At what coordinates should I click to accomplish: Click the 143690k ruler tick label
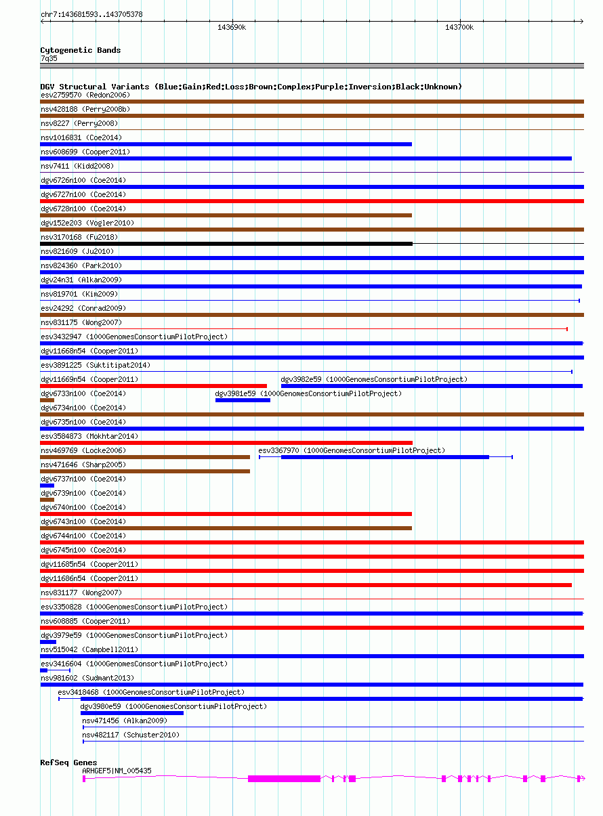tap(231, 28)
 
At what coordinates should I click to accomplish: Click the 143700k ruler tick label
tap(459, 28)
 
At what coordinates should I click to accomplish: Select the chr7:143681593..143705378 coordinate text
tap(91, 14)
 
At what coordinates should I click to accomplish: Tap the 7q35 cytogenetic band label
tap(49, 58)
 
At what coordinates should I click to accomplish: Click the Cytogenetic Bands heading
tap(80, 50)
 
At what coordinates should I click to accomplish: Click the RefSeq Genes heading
tap(68, 763)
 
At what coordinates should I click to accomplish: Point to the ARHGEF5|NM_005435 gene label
tap(117, 771)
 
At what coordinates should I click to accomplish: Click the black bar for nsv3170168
tap(226, 243)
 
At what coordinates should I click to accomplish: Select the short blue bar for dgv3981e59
tap(243, 400)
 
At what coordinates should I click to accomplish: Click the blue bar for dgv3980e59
tap(131, 713)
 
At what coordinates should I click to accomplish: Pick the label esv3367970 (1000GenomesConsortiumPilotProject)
tap(351, 450)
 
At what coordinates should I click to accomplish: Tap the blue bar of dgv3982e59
tap(432, 386)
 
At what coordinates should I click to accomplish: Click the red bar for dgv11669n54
tap(153, 386)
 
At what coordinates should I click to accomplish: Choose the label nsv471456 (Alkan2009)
tap(124, 721)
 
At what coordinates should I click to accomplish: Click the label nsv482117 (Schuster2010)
tap(130, 735)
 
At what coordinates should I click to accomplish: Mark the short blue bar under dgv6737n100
tap(47, 486)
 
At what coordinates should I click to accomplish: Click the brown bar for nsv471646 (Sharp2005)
tap(145, 471)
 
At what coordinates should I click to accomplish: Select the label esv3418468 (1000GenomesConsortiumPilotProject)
tap(150, 692)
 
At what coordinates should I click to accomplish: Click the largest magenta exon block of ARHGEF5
tap(284, 779)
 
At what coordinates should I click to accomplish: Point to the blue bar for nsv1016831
tap(226, 144)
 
